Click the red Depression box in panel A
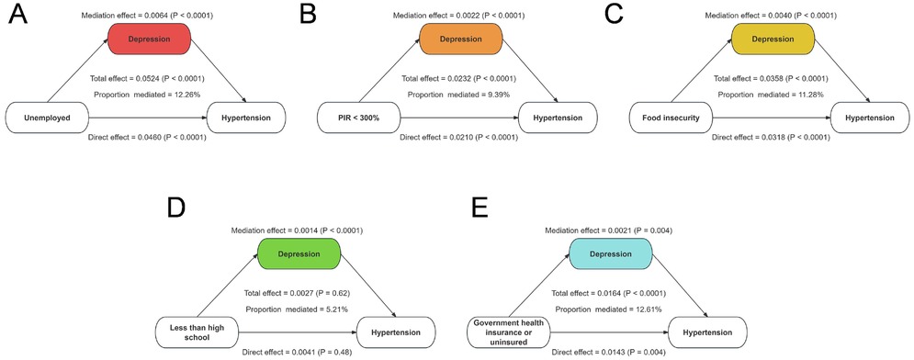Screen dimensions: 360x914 (148, 39)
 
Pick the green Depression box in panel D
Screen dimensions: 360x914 (298, 253)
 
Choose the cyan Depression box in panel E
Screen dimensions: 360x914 (609, 253)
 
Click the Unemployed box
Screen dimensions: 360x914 (46, 118)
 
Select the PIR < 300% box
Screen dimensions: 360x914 (357, 118)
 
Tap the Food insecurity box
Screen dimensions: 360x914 (669, 118)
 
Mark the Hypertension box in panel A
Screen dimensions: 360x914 (247, 118)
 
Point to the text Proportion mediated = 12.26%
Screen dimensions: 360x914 (147, 95)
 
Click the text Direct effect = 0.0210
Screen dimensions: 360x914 (459, 138)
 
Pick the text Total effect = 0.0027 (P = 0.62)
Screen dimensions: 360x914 (298, 293)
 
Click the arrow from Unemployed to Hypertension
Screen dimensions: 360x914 (147, 118)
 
